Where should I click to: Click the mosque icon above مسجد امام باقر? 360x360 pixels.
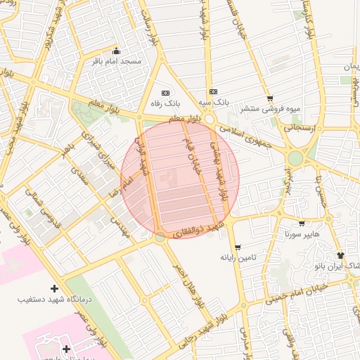pos(117,51)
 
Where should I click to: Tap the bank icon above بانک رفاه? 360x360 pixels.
pos(166,92)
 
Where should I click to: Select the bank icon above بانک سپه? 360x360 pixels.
pos(213,91)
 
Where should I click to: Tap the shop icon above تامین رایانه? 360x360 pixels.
pos(238,247)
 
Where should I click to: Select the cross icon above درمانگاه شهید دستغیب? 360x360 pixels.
pos(55,288)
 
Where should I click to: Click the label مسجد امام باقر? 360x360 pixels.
pos(117,62)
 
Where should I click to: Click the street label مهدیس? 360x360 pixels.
pos(120,226)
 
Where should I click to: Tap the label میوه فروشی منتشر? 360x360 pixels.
pos(269,109)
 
